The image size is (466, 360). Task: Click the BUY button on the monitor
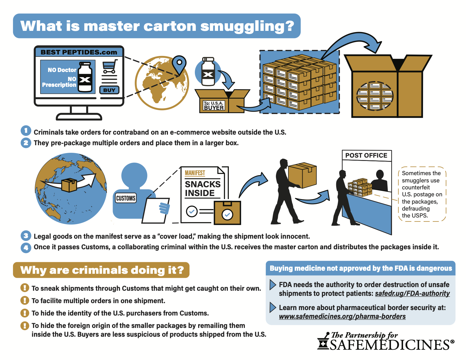(x=109, y=90)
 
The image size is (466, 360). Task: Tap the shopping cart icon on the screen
(x=110, y=67)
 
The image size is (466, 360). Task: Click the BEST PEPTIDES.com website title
(x=79, y=52)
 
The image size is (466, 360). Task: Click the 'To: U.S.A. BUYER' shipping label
(x=214, y=106)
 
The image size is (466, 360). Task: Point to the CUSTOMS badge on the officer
(x=126, y=198)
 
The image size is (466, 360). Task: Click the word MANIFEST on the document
(x=195, y=173)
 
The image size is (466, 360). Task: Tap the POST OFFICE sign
(x=366, y=155)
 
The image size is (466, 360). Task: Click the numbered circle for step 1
(x=26, y=131)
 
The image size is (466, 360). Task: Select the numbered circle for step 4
(x=26, y=248)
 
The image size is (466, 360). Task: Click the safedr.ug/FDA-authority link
(x=412, y=293)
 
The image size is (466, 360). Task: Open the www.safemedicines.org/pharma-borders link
(x=342, y=316)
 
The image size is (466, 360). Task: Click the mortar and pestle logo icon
(x=323, y=341)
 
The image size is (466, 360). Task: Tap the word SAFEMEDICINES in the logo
(x=392, y=345)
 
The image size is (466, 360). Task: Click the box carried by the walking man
(x=302, y=175)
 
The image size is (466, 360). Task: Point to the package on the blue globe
(x=69, y=185)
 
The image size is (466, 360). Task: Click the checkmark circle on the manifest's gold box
(x=227, y=214)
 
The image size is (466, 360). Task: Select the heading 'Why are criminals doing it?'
(x=102, y=270)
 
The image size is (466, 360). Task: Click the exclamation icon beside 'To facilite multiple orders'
(x=25, y=300)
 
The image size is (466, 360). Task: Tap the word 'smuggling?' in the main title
(x=247, y=26)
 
